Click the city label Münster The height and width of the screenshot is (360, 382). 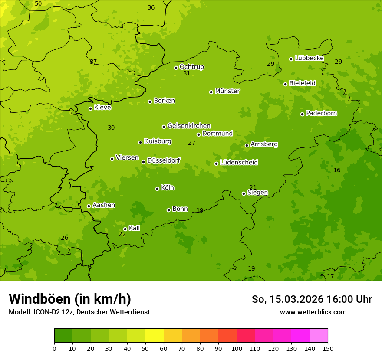pos(227,91)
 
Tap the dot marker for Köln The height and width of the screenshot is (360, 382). pos(157,189)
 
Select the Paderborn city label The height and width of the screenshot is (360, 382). pos(321,113)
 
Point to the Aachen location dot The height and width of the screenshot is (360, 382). pos(89,206)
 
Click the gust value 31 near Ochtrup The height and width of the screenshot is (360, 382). pos(187,74)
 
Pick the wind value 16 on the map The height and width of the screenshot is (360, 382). pos(337,170)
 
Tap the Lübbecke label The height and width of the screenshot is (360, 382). pos(309,58)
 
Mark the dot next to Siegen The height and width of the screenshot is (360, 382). pos(244,193)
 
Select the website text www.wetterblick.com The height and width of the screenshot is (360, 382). pos(313,312)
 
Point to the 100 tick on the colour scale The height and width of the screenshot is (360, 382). pos(237,348)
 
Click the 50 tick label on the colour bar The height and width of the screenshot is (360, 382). pos(145,348)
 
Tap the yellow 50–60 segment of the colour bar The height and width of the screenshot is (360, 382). pos(155,336)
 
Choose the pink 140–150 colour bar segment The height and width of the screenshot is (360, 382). pos(319,336)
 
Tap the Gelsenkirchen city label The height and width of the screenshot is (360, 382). pos(189,126)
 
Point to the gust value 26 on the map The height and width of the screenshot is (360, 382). pos(64,238)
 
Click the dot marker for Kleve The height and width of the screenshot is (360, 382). pos(90,108)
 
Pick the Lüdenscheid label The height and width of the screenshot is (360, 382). pos(239,163)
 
